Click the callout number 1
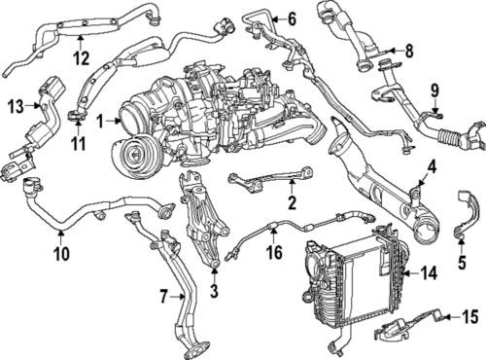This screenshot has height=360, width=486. point(100,121)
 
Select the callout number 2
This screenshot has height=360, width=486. point(291,202)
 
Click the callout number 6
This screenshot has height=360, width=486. point(291,18)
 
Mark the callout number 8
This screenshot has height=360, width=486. point(408,50)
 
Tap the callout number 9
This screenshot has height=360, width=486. point(434,92)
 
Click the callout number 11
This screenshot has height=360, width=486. point(78,143)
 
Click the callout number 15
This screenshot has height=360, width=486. point(469,316)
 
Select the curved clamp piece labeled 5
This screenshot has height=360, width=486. point(469,219)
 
